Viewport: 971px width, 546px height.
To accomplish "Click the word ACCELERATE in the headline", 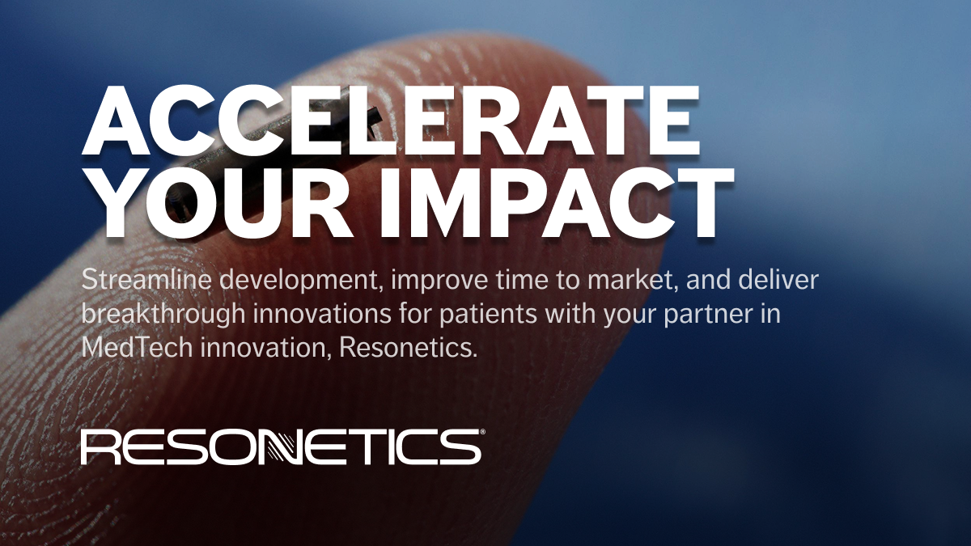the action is point(391,121).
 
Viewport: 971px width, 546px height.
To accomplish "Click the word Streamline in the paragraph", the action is point(146,280).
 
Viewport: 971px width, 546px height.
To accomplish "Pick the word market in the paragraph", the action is point(633,281).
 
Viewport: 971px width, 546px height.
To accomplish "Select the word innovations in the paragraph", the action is point(322,313).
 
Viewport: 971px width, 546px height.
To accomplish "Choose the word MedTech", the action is point(137,347).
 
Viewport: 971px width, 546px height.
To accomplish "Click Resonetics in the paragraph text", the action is point(408,347).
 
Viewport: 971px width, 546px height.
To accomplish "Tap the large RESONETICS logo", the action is point(281,447).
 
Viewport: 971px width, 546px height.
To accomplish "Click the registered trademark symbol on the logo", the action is point(481,432).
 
